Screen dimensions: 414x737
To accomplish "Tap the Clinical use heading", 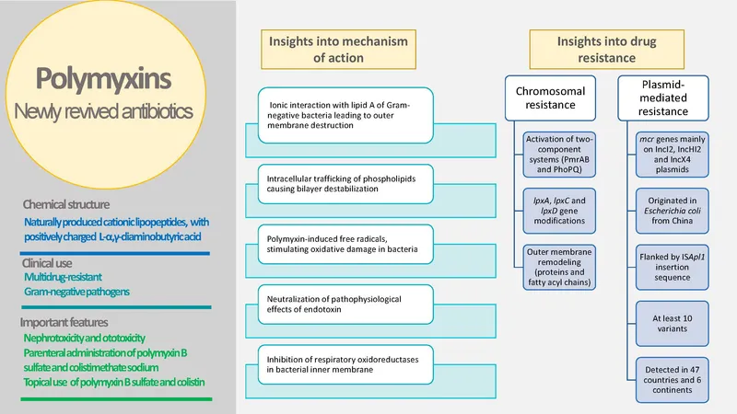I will point(45,262).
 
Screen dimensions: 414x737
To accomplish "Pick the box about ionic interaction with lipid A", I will point(340,116).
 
